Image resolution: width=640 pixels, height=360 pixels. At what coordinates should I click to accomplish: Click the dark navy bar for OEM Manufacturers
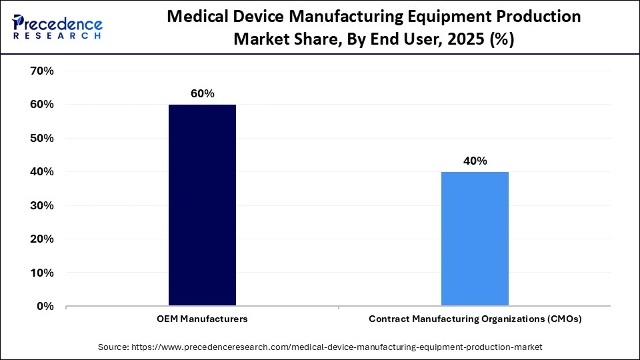coord(202,205)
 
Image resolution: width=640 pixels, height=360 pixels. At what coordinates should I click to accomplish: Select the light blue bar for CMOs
coord(475,239)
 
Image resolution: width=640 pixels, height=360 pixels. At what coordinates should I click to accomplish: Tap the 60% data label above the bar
coord(202,94)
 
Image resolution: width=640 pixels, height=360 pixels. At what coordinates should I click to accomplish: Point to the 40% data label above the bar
coord(475,161)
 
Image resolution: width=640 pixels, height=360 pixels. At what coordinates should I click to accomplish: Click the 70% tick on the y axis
coord(41,71)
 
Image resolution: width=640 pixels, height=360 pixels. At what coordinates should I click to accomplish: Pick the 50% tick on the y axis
coord(41,138)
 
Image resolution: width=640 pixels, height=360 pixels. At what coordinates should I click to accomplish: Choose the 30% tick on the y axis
coord(41,205)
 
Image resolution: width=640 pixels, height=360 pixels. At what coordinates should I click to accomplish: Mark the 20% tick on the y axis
coord(41,239)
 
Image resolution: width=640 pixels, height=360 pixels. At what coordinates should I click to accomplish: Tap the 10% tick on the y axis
coord(41,273)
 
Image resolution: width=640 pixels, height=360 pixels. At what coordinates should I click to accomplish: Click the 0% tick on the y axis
coord(45,307)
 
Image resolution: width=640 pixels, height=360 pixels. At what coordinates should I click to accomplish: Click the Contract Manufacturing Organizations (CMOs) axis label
coord(475,319)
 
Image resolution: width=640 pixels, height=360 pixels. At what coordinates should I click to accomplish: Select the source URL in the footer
coord(339,347)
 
